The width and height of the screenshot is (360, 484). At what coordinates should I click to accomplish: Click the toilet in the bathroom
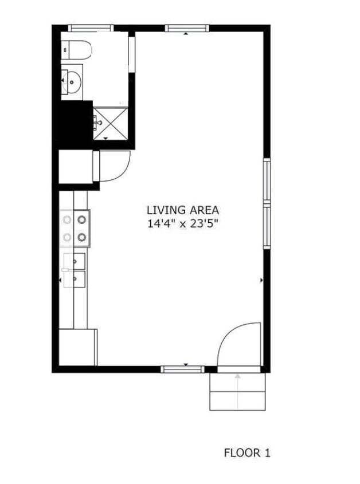click(x=77, y=50)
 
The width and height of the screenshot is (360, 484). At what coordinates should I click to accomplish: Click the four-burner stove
click(x=75, y=227)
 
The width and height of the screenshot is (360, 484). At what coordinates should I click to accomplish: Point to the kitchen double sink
click(x=75, y=270)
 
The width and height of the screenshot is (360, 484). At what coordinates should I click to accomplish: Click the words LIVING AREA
click(x=182, y=210)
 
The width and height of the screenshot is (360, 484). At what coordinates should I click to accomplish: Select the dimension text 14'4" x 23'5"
click(x=182, y=224)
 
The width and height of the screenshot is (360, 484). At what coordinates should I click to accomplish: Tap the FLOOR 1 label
click(x=246, y=453)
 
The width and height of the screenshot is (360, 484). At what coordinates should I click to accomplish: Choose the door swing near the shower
click(x=115, y=166)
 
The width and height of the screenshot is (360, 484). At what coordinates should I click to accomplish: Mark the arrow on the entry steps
click(x=238, y=376)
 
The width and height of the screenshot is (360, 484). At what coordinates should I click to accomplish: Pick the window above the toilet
click(x=91, y=27)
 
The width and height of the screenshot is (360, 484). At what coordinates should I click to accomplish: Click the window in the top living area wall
click(x=186, y=27)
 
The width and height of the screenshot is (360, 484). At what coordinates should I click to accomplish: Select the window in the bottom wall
click(x=182, y=369)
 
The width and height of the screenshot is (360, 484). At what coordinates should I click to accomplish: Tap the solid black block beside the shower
click(x=73, y=121)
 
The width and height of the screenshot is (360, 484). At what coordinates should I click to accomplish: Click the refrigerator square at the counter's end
click(x=78, y=347)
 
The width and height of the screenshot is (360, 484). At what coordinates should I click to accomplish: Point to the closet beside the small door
click(x=76, y=167)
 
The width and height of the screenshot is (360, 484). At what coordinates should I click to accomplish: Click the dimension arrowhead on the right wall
click(x=261, y=280)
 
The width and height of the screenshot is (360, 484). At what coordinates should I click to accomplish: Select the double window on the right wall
click(x=267, y=203)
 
